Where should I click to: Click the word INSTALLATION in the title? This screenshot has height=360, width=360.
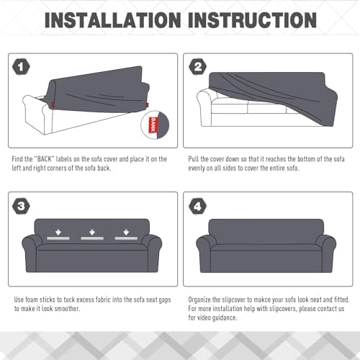pos(113,20)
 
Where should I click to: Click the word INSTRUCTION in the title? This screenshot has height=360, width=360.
pos(252,20)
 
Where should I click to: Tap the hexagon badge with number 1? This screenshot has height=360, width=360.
pos(21,66)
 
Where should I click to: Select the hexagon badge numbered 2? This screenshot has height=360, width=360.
pos(198,66)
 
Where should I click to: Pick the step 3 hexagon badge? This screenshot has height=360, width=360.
pos(21,206)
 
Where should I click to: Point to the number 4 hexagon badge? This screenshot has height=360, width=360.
pos(198,206)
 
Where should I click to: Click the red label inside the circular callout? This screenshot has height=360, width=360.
pos(153,125)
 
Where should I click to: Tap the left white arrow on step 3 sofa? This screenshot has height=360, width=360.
pos(58,233)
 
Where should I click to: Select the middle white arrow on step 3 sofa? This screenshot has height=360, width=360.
pos(92,233)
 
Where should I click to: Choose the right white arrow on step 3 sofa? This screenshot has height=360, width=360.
pos(126,233)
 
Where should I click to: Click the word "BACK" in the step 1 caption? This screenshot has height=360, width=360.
pos(44,159)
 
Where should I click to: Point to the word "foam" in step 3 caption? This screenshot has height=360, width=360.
pos(32,300)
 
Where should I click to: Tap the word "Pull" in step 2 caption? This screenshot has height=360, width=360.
pos(193,159)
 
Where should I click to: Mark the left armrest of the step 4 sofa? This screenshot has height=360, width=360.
pos(204,253)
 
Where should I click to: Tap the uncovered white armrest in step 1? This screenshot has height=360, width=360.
pos(36,114)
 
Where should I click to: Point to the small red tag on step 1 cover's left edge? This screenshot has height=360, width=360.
pos(53,105)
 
